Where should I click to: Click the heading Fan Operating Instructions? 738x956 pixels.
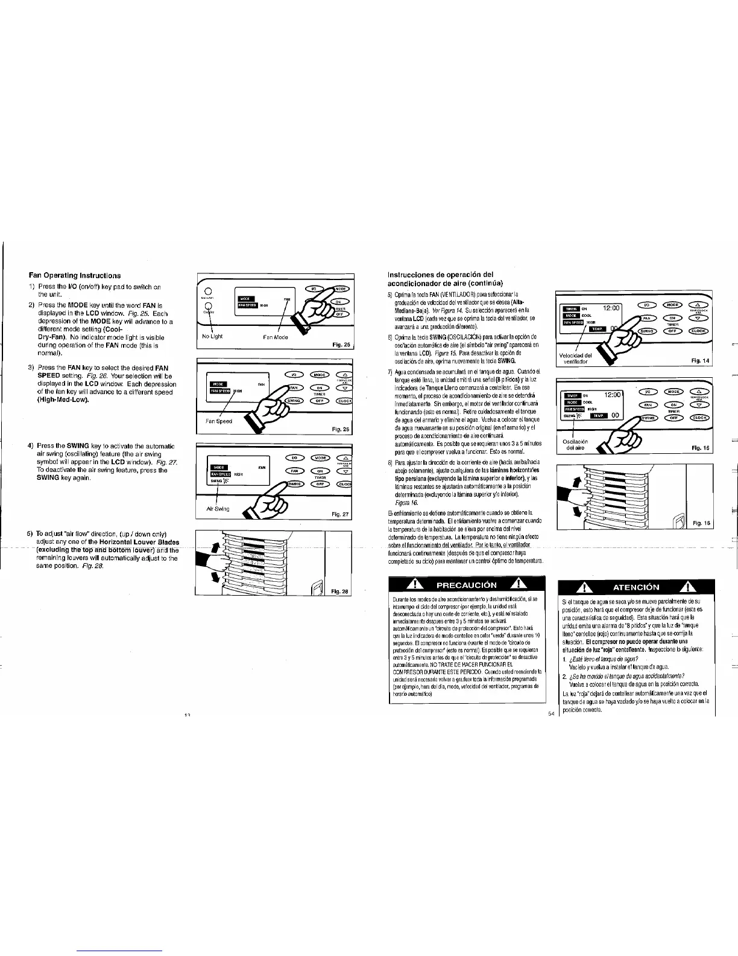75,275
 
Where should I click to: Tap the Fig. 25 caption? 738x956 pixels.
341,345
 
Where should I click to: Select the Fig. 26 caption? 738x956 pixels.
341,429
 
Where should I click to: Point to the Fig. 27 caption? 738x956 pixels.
341,514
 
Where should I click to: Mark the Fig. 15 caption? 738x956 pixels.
701,448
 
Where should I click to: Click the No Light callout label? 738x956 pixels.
213,336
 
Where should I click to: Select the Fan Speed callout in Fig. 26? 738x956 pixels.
218,421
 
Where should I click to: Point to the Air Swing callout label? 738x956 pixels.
218,508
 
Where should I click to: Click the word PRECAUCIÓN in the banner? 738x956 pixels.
467,585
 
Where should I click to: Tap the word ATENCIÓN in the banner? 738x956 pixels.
635,587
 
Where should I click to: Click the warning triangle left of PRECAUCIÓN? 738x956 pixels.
414,585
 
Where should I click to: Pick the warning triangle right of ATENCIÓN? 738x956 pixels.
686,587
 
